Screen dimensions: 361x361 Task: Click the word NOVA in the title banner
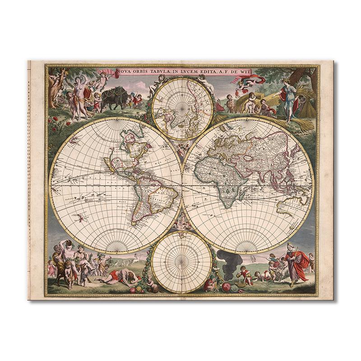click(x=123, y=71)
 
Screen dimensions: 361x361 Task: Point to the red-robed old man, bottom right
click(x=299, y=264)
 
